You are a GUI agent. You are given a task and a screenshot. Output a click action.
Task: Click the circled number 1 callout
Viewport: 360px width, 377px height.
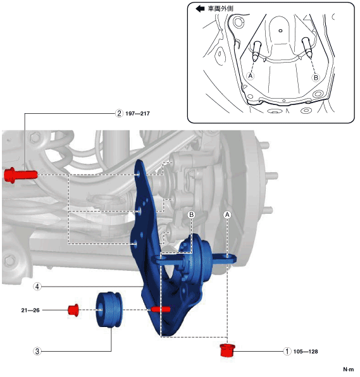287,351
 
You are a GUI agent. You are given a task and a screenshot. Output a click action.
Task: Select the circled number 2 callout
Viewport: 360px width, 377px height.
119,113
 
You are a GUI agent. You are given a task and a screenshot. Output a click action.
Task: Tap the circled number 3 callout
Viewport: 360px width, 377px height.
37,351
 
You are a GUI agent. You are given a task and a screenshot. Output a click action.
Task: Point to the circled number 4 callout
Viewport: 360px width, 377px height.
37,287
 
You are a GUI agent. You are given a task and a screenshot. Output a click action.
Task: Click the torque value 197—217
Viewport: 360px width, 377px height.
137,113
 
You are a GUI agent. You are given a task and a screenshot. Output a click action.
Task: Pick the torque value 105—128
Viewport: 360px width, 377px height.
306,352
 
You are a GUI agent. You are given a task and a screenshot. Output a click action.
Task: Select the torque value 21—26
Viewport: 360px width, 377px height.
30,311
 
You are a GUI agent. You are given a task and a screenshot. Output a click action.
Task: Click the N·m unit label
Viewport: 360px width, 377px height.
349,369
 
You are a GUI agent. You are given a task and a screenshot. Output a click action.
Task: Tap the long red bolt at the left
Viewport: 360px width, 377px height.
21,175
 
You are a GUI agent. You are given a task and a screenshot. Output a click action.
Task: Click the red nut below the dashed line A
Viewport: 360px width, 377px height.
227,350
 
